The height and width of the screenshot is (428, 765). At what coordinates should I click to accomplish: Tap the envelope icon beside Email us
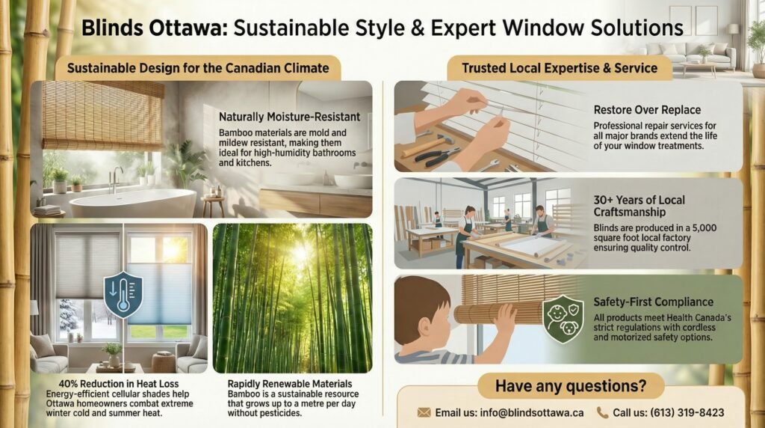tap(424, 413)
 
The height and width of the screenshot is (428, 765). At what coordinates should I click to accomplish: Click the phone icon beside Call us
tap(603, 413)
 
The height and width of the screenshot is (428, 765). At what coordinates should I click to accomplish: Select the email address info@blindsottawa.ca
tap(531, 413)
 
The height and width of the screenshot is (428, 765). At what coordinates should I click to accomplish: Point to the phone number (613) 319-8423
tap(687, 413)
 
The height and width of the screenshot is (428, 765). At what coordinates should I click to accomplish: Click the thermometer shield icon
tap(123, 295)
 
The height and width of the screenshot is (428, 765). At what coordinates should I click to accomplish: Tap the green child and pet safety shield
tap(563, 319)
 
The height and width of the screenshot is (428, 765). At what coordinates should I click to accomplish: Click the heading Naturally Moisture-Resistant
tap(289, 117)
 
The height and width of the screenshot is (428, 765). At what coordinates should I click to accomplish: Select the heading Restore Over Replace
tap(647, 110)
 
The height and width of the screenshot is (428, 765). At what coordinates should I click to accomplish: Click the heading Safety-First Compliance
tap(653, 302)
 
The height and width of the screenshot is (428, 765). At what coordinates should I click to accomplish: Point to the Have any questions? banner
tap(570, 385)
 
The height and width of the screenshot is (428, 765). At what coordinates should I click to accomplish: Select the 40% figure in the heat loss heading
tap(68, 384)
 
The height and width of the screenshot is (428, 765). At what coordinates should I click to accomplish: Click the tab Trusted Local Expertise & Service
tap(560, 68)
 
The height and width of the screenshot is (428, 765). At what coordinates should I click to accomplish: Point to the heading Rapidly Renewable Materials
tap(290, 384)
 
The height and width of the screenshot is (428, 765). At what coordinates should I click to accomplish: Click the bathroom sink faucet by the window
tap(116, 180)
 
